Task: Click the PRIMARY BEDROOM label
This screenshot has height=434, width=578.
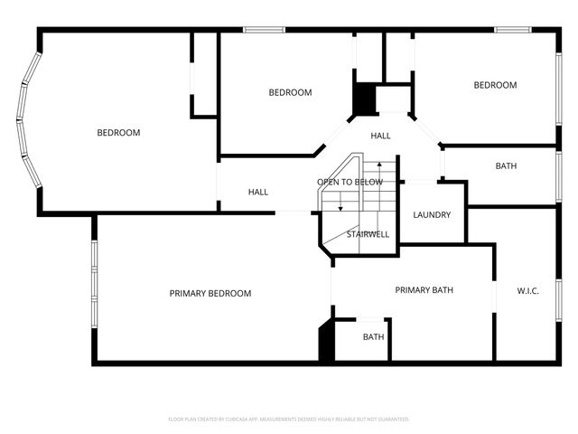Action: tap(210, 294)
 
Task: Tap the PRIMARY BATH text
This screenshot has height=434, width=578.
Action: tap(424, 290)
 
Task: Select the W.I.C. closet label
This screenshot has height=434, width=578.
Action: tap(528, 290)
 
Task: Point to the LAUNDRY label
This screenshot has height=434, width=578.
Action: tap(431, 215)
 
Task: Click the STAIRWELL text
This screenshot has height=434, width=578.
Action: tap(368, 234)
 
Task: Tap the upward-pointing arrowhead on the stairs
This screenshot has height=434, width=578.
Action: tap(379, 165)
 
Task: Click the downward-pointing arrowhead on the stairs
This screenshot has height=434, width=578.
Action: tap(340, 209)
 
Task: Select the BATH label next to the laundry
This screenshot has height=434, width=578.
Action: tap(506, 166)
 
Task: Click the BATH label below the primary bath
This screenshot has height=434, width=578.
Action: tap(373, 337)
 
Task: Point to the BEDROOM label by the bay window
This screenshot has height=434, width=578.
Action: tap(118, 133)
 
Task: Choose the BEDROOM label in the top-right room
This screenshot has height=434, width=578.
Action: tap(495, 85)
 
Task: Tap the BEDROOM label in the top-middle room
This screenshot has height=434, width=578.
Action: tap(290, 92)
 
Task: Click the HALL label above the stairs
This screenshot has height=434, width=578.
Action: tap(380, 136)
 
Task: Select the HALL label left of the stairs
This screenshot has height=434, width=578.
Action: tap(258, 192)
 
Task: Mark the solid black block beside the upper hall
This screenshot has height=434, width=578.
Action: tap(363, 99)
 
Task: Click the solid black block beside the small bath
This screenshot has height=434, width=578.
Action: tap(327, 344)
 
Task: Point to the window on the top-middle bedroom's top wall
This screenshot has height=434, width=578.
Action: tap(265, 30)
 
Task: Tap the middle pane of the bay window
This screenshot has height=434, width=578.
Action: tap(20, 119)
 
